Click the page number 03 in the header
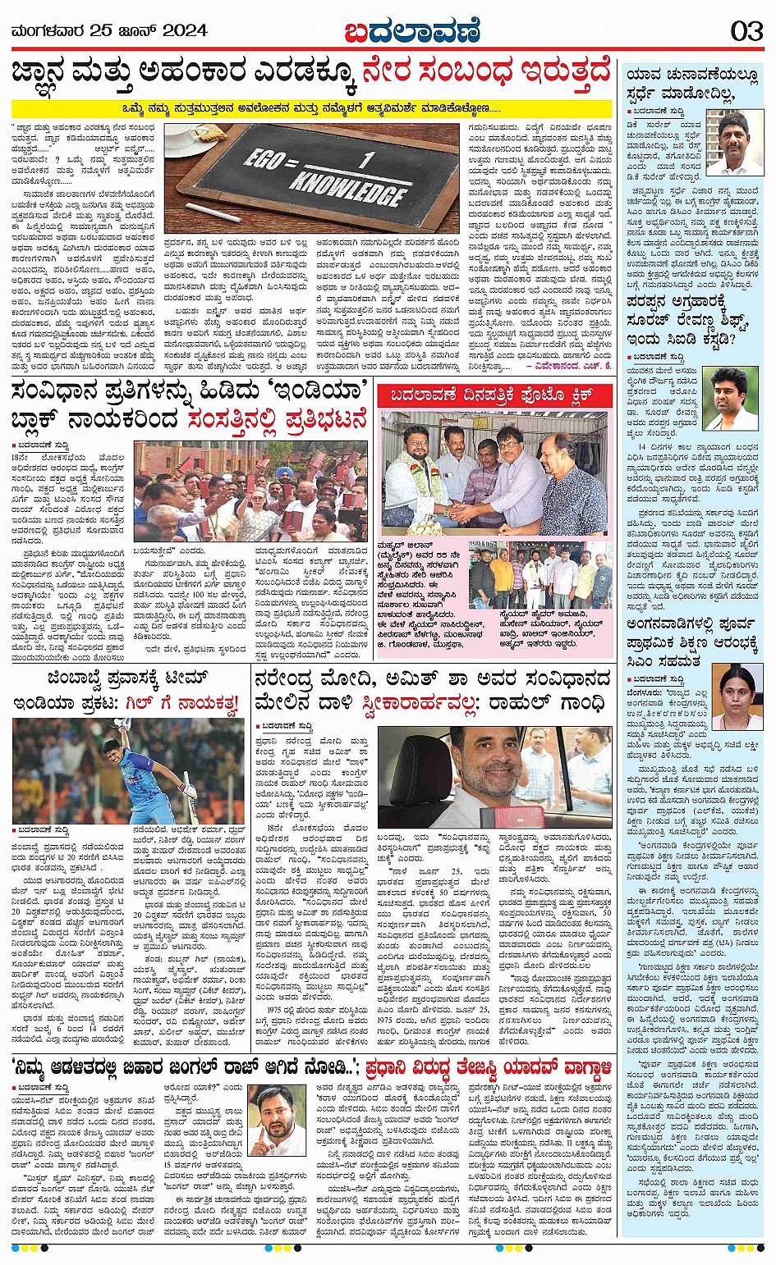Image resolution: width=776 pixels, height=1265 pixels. pos(746,32)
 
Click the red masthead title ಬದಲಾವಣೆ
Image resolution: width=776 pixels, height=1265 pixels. pos(411,31)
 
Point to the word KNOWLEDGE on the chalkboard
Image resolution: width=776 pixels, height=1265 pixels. pos(348,187)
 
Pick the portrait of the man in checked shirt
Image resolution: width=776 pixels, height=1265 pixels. pos(734,142)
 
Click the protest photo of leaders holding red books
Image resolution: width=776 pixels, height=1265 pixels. pos(251,491)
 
